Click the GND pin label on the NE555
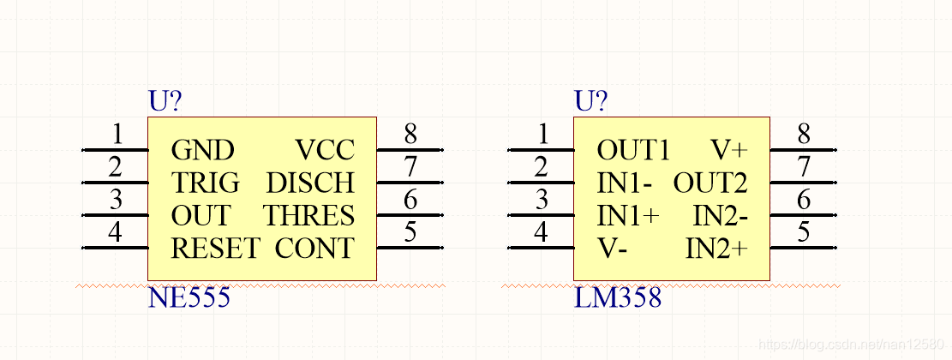click(x=202, y=151)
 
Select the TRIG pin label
click(x=206, y=183)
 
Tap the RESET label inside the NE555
click(x=215, y=249)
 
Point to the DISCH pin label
click(x=309, y=183)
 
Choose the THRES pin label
click(x=308, y=215)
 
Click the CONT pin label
click(x=314, y=249)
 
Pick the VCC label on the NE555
click(x=324, y=151)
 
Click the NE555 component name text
click(x=189, y=298)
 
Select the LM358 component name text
click(x=618, y=298)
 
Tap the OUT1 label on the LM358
click(x=633, y=151)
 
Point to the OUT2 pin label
click(x=710, y=183)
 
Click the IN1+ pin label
click(x=628, y=215)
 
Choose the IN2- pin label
click(x=720, y=215)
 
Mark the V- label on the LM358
click(x=613, y=249)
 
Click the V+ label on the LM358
click(x=729, y=151)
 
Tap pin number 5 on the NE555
click(x=410, y=232)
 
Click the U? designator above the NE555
click(x=165, y=102)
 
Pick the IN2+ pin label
click(x=716, y=249)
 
